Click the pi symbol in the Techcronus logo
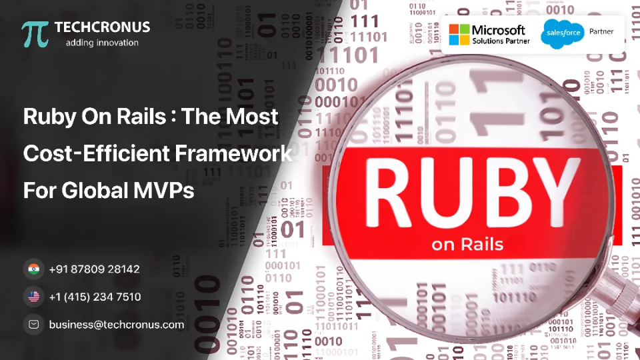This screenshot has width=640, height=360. [35, 34]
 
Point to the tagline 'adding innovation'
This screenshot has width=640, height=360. [102, 43]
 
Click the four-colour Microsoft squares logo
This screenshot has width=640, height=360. [459, 34]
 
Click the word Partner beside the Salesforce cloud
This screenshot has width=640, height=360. [601, 31]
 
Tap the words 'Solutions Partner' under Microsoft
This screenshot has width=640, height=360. [501, 41]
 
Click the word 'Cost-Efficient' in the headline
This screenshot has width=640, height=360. [97, 154]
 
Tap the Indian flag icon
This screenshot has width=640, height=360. [33, 269]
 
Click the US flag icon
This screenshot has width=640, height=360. [33, 297]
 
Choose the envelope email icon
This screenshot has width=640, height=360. [33, 325]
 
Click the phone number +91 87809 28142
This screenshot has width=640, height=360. [94, 269]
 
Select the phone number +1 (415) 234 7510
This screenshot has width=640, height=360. [95, 297]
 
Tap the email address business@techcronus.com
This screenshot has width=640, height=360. [116, 325]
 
